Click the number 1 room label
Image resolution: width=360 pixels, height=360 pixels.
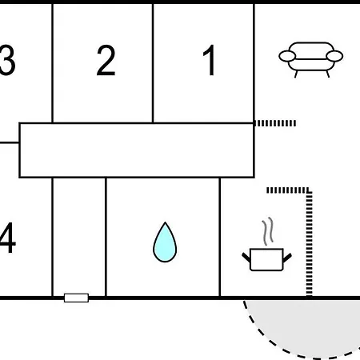210,60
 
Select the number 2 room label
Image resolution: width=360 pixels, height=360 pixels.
106,60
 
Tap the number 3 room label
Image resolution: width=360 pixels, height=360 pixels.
7,60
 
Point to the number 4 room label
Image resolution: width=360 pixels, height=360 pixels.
7,238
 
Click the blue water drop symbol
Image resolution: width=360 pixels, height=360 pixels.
165,242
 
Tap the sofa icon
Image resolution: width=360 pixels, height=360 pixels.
311,59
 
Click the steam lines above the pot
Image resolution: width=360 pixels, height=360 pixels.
268,231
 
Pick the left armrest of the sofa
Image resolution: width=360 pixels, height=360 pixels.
287,56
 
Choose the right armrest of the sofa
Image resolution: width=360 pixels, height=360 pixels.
334,56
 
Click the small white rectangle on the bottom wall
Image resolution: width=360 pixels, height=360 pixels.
76,298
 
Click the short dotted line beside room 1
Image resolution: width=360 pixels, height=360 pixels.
275,123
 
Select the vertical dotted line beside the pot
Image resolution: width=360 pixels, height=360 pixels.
309,242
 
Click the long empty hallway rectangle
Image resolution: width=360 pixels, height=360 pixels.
137,150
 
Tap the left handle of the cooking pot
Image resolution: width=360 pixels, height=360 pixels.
246,257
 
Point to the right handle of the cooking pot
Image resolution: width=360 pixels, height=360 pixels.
287,257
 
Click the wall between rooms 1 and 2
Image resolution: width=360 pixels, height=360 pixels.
153,63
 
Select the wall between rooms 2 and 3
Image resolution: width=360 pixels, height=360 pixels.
52,63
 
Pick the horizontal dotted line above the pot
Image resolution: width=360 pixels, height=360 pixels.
289,190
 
